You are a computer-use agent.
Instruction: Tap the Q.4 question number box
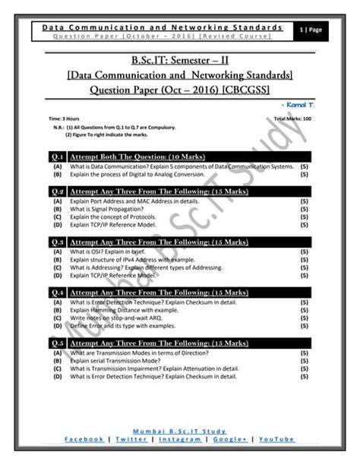[x=57, y=291]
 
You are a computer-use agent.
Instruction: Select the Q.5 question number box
[x=57, y=343]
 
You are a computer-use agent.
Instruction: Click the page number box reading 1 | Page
[x=312, y=29]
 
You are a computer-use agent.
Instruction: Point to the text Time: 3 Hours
[x=65, y=119]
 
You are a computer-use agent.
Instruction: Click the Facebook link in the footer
[x=84, y=439]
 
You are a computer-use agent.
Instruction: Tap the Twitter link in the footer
[x=131, y=439]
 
